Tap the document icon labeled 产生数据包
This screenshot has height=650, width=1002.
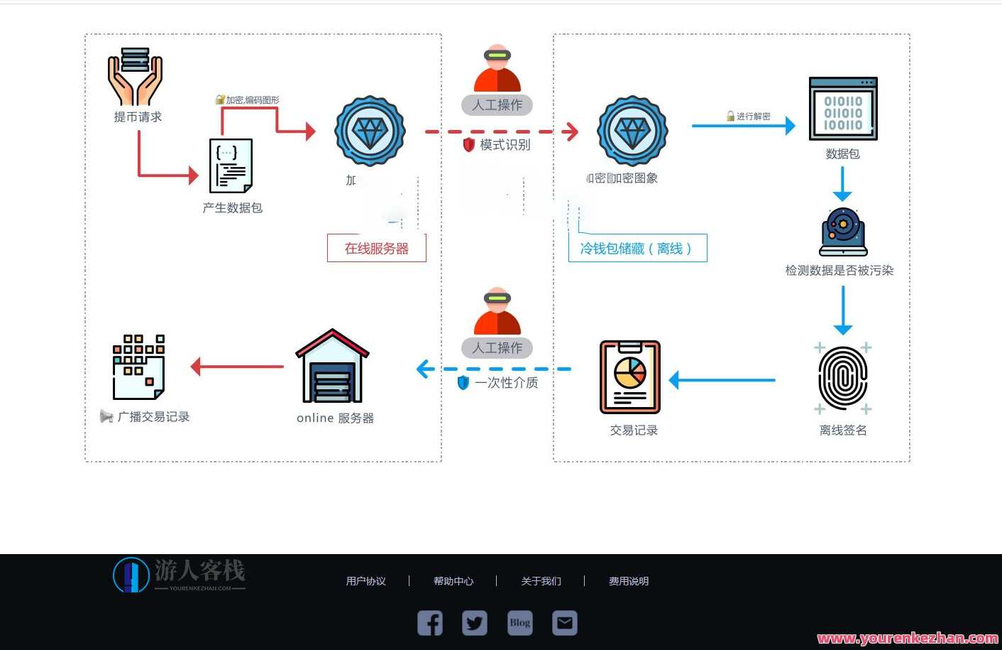[231, 166]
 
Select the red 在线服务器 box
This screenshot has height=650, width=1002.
[377, 248]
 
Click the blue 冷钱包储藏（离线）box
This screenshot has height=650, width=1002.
[637, 248]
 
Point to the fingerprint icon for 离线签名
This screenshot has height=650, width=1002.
[843, 377]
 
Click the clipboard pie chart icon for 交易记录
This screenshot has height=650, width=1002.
[630, 377]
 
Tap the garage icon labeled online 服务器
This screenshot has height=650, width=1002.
[332, 367]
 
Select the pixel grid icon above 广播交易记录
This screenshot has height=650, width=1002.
[139, 367]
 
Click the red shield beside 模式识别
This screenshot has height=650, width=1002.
[468, 145]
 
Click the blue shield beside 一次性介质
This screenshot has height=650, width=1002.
[463, 383]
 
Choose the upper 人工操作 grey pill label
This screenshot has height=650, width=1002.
[497, 105]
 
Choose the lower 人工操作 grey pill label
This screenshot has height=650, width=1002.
[497, 348]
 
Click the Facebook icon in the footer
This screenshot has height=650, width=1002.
[430, 623]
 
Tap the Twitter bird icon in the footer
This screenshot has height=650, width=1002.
[475, 623]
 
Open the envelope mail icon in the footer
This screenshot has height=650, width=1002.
[565, 623]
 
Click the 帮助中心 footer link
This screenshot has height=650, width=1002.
[453, 581]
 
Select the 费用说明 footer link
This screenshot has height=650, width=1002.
[629, 581]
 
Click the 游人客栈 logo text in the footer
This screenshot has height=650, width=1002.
[199, 570]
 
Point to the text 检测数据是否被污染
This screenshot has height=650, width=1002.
[839, 271]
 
